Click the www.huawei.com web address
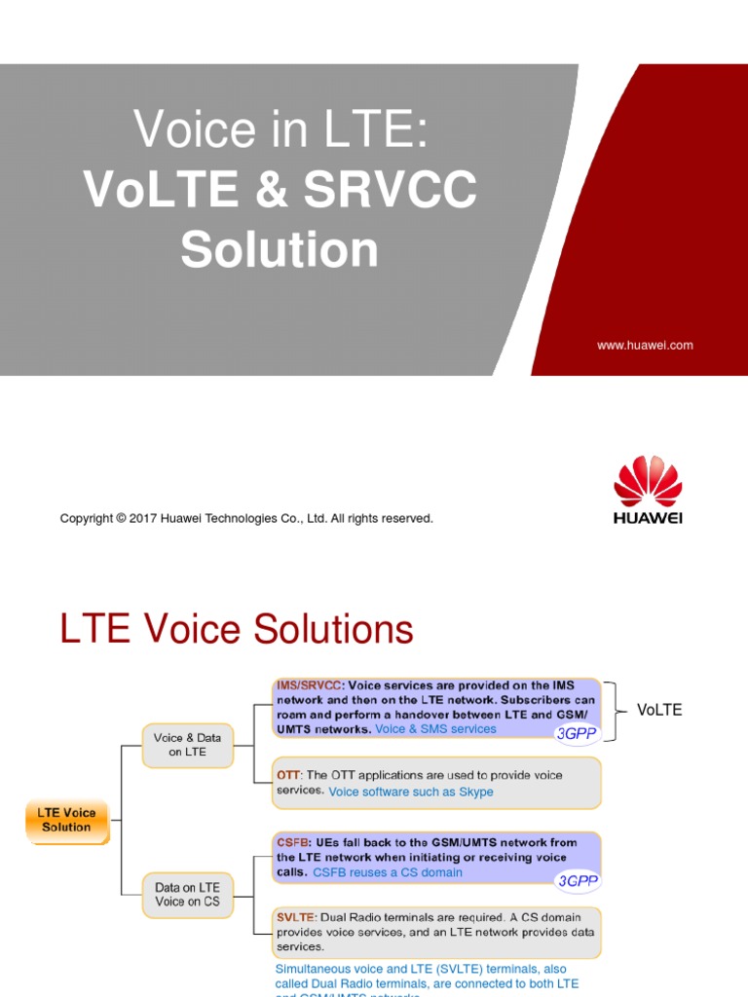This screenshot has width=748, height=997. [645, 345]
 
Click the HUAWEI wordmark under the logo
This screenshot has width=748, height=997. [648, 518]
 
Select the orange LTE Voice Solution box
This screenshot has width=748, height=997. [66, 820]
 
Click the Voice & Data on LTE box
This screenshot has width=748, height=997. [188, 745]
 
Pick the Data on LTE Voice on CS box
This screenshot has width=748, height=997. [187, 894]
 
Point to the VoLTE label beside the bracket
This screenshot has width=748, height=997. [659, 710]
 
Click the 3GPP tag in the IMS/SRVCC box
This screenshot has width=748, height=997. [577, 733]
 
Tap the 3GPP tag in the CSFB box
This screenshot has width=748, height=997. [577, 881]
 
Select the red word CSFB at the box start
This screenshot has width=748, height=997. [292, 842]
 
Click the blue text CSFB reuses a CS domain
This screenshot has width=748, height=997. [388, 872]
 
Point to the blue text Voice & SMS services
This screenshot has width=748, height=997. [435, 728]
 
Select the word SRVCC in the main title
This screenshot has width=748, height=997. [391, 189]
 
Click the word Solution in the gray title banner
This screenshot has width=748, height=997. [280, 248]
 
